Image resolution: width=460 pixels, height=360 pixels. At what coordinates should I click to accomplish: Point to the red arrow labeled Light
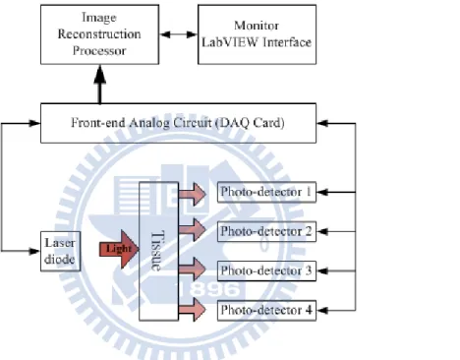[x=119, y=249]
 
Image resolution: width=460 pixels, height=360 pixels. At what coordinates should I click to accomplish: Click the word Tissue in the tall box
[x=157, y=251]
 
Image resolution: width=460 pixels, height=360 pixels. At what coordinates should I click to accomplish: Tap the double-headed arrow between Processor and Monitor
[x=179, y=34]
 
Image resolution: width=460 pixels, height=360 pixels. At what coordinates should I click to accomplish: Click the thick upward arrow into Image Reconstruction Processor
[x=100, y=85]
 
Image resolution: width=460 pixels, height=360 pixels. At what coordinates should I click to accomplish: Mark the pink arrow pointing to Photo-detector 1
[x=193, y=194]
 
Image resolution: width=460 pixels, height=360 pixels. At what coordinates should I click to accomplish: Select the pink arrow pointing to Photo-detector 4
[x=193, y=310]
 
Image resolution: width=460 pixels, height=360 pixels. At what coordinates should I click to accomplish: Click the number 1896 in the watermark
[x=208, y=289]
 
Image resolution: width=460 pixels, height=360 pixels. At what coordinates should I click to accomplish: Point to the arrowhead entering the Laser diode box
[x=34, y=252]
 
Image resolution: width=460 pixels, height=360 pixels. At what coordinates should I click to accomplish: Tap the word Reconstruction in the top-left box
[x=99, y=34]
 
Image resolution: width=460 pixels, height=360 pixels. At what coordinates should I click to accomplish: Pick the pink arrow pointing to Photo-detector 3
[x=193, y=269]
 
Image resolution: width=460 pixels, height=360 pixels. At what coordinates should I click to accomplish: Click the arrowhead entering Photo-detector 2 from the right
[x=322, y=232]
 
